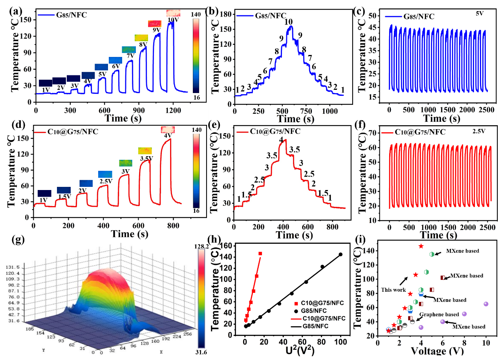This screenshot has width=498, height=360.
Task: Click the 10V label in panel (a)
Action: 173,20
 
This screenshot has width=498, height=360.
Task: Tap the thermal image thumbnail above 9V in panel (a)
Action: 154,24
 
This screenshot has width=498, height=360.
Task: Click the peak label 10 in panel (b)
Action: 289,21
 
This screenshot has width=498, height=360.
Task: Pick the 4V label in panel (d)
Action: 168,136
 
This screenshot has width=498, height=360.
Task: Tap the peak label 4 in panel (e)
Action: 281,140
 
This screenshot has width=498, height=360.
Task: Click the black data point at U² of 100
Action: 340,254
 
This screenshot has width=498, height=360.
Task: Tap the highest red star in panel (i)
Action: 421,246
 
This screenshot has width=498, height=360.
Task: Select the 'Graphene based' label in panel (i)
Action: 439,314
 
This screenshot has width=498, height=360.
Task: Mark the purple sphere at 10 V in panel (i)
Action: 486,304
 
